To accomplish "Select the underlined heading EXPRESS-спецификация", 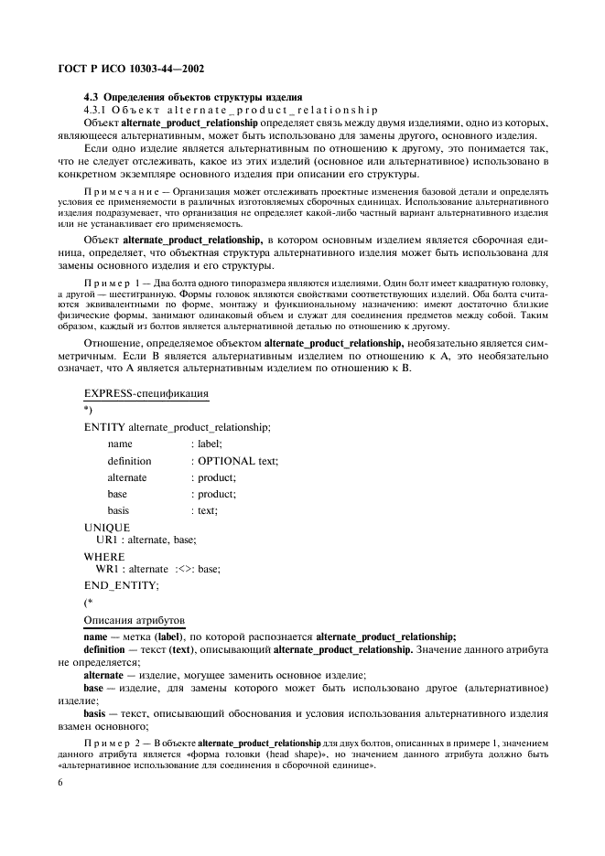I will click(146, 393).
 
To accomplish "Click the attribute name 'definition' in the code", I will click(129, 461).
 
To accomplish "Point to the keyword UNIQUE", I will click(107, 528).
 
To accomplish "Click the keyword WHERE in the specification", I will click(105, 555).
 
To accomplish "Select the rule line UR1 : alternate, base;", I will click(146, 540).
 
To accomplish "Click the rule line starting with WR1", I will click(157, 569).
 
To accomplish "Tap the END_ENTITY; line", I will click(121, 584).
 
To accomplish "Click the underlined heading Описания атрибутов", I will click(134, 621).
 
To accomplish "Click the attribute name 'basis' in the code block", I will click(117, 510).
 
